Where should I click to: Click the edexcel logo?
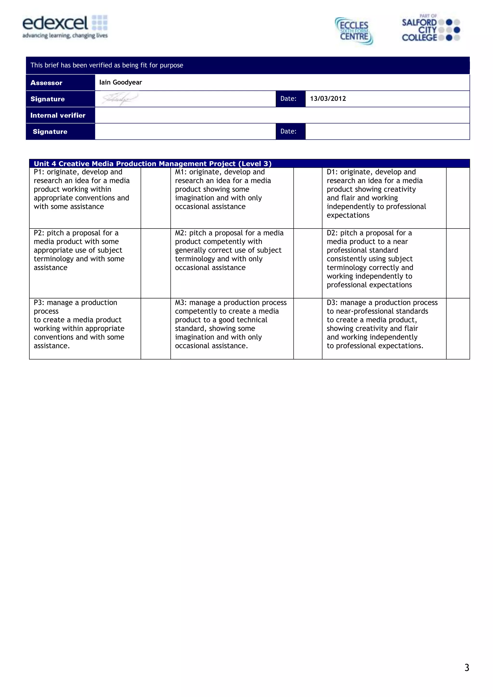point(65,27)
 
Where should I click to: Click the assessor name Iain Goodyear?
point(121,82)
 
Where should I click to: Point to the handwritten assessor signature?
point(119,99)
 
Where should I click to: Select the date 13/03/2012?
point(328,99)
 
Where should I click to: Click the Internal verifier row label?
point(58,115)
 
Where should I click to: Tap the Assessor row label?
point(46,82)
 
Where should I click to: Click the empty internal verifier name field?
point(282,115)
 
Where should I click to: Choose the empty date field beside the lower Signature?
point(387,132)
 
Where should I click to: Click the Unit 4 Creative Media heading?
point(152,164)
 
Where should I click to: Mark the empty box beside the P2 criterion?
point(156,263)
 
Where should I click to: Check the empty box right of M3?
point(307,329)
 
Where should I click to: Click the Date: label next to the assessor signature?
point(288,99)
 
